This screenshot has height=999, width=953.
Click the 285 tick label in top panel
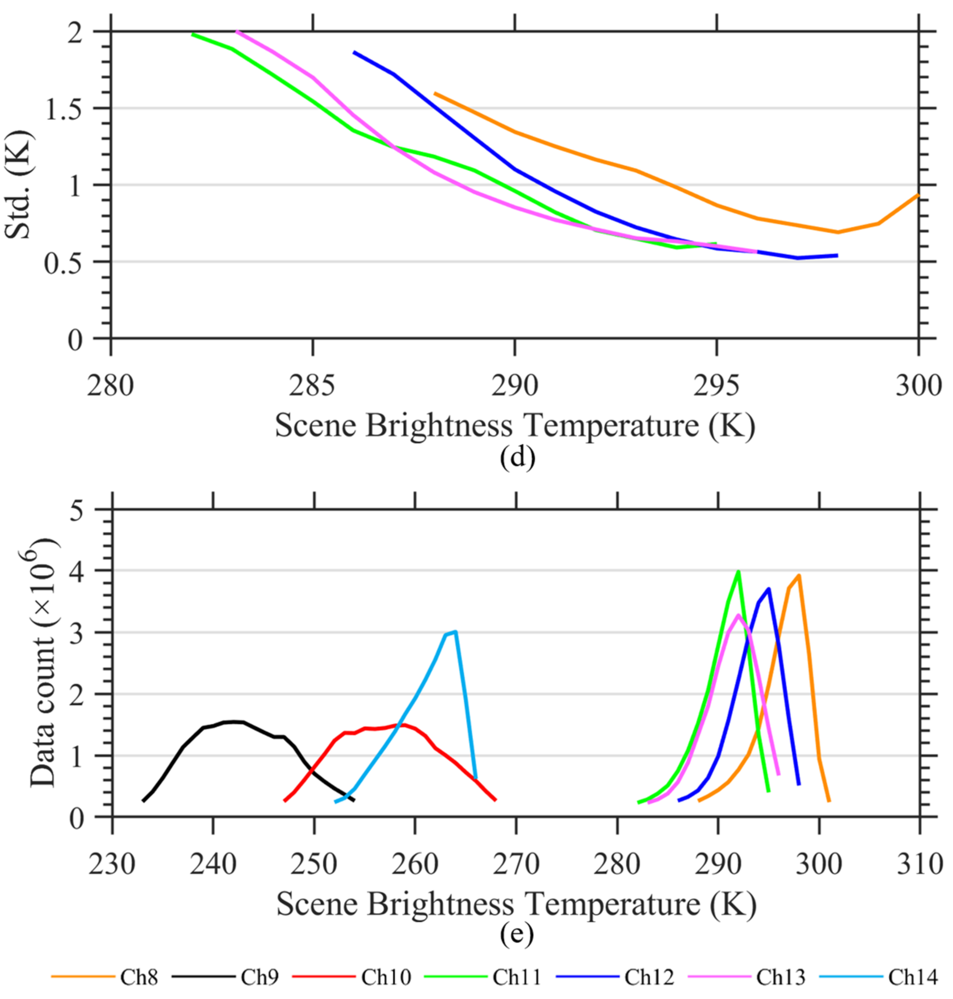point(312,386)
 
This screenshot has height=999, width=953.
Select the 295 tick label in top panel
point(716,386)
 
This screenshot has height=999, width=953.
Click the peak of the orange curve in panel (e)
point(799,575)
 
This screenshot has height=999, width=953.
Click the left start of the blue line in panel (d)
point(354,52)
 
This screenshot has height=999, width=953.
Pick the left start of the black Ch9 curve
point(143,801)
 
